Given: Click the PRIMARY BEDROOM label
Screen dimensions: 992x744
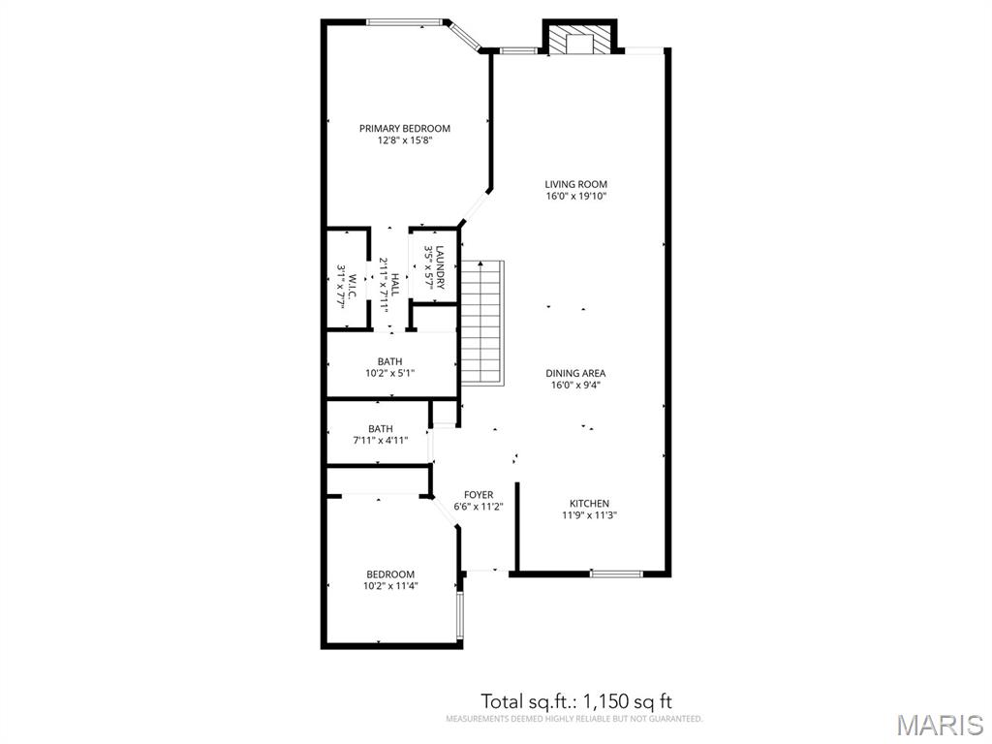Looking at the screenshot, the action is [405, 129].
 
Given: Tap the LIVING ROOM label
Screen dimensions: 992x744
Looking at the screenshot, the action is [575, 184].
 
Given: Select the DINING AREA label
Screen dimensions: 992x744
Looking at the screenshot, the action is [575, 373].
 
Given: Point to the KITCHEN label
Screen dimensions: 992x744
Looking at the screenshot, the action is [590, 504].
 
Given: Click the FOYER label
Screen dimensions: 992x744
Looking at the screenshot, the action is [479, 495].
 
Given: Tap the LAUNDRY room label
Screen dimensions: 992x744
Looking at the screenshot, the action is [441, 267].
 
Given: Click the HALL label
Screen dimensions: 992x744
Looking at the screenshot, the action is [395, 285].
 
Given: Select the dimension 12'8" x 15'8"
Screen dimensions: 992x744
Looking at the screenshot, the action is [405, 140].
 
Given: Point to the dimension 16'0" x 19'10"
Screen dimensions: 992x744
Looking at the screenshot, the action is [576, 196].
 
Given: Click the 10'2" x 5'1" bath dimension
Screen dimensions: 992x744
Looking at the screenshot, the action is [389, 373].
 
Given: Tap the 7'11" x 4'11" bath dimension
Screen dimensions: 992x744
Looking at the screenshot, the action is [380, 441].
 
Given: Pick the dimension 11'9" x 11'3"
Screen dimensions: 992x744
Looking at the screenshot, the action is [590, 515].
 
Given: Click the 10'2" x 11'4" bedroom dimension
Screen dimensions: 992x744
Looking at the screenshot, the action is [390, 586].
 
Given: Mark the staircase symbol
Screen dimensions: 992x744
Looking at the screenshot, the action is [482, 322].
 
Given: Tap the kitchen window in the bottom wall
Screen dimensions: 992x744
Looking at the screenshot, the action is [615, 573].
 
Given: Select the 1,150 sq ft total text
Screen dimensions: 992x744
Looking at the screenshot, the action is [627, 701].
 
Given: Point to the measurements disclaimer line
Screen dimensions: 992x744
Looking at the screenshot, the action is [574, 719].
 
